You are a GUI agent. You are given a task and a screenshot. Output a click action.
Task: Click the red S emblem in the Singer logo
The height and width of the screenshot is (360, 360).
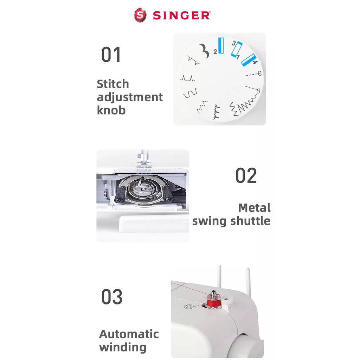tap(140, 15)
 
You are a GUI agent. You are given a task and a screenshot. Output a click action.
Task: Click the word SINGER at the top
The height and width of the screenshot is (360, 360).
tap(181, 15)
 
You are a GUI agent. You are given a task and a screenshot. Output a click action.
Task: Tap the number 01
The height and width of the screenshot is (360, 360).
tap(111, 54)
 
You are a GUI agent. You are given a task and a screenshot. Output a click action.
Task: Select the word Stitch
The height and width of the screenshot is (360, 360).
tap(113, 84)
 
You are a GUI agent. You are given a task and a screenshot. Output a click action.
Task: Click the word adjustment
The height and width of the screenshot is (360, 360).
tap(130, 97)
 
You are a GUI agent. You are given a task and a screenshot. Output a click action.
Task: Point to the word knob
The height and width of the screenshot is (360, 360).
tap(111, 110)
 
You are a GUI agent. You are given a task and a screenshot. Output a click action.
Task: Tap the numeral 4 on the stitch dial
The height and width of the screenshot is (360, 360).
tap(255, 62)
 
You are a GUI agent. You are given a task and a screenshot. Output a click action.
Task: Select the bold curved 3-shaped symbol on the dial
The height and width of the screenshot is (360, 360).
tap(204, 51)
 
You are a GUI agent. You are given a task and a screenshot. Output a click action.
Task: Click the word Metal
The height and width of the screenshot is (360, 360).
tap(255, 208)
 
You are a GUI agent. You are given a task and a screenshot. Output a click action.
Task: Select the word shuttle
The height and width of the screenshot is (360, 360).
tap(250, 221)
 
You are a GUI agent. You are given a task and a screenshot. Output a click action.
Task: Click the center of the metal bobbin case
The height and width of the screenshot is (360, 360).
tap(144, 189)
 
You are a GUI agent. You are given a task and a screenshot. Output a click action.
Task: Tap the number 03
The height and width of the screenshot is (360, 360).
tap(112, 296)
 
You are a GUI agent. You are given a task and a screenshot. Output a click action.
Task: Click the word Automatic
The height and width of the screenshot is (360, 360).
tap(129, 334)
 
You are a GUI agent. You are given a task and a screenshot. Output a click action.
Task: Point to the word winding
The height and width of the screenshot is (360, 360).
tap(123, 347)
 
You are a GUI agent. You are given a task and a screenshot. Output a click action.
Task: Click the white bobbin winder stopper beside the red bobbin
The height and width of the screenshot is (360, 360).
tap(228, 301)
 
